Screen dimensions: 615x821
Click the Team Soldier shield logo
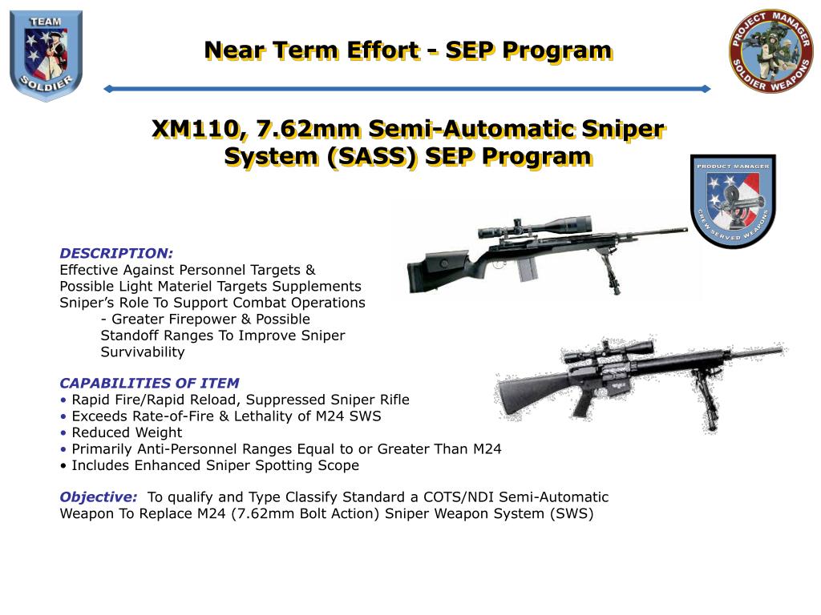[46, 54]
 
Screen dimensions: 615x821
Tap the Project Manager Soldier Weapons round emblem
[770, 51]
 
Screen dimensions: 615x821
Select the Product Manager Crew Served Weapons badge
[733, 201]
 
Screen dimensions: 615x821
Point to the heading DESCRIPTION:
[116, 253]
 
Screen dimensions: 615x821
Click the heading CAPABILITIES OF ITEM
[149, 383]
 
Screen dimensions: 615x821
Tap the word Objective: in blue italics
[98, 497]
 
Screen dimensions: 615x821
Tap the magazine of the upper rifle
[527, 270]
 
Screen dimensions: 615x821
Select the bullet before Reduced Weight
[63, 432]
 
